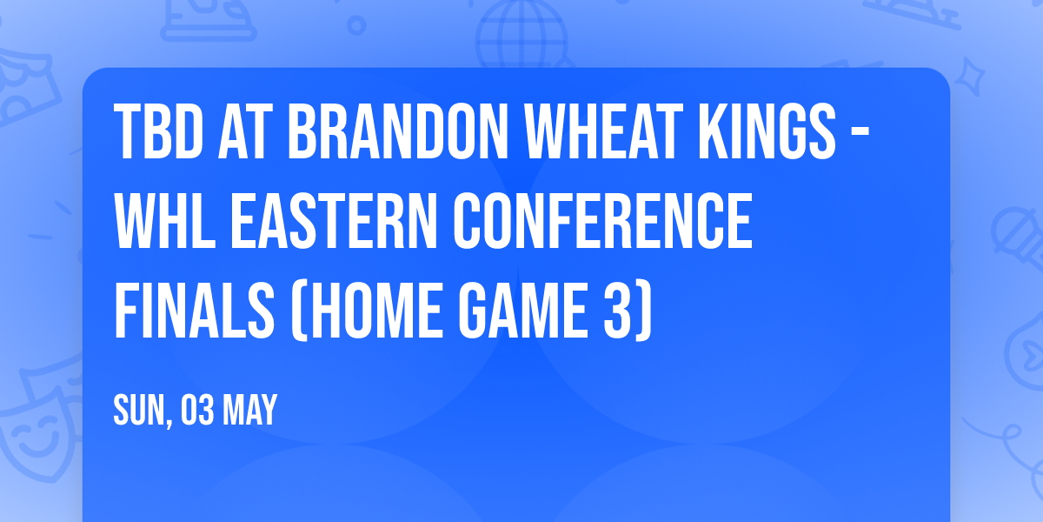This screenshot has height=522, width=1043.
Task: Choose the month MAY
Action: coord(250,410)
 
